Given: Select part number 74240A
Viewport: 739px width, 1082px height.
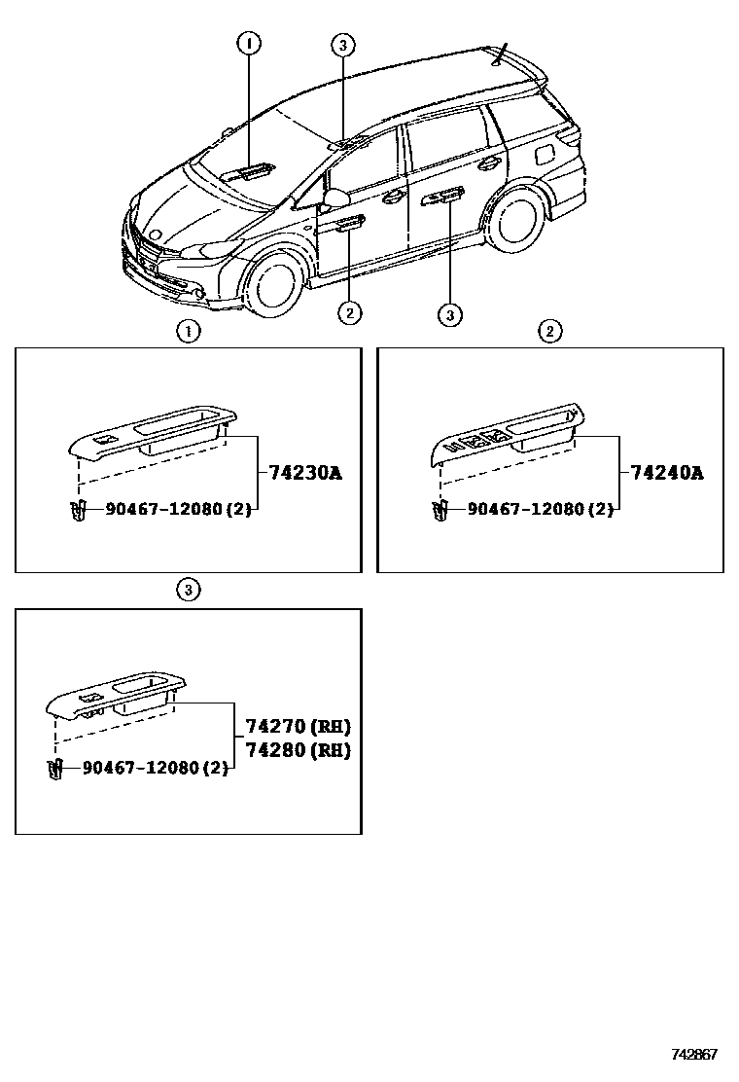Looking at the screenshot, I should [666, 474].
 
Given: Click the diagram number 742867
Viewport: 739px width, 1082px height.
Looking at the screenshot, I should [693, 1055].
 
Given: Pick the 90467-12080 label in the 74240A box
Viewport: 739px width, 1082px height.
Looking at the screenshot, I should [540, 510].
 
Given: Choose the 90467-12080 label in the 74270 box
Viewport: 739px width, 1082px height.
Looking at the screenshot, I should [156, 768].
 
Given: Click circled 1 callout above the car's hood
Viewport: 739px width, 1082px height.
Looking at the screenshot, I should [248, 43].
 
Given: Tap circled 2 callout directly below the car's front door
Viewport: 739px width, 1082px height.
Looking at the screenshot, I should [350, 312].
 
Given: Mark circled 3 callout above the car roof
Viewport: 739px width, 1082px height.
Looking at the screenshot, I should [342, 44].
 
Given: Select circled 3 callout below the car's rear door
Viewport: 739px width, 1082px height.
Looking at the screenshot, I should [449, 313].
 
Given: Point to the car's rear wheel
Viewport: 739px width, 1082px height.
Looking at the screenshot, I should [516, 219].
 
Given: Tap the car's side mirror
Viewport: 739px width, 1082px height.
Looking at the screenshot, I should [335, 199].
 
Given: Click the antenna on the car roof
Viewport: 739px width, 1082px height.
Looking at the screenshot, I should [501, 54].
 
